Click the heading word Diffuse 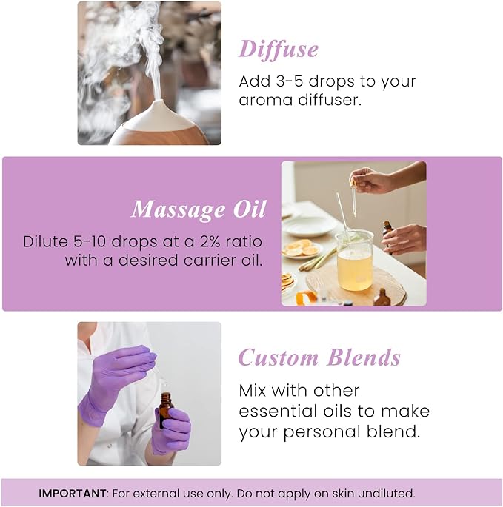tap(279, 49)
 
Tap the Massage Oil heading tap(198, 209)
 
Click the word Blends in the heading tap(364, 357)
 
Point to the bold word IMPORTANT tap(73, 493)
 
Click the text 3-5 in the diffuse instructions tap(290, 81)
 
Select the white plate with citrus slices tap(302, 250)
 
